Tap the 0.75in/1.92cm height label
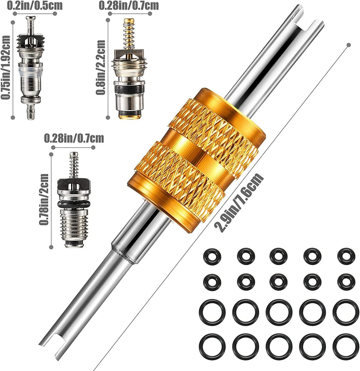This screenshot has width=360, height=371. (6, 67)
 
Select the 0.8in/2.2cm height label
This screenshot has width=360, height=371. (101, 67)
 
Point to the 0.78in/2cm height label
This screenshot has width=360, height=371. (44, 200)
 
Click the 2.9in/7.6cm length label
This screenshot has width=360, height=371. (239, 203)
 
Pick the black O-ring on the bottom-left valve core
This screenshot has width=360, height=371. (74, 205)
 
